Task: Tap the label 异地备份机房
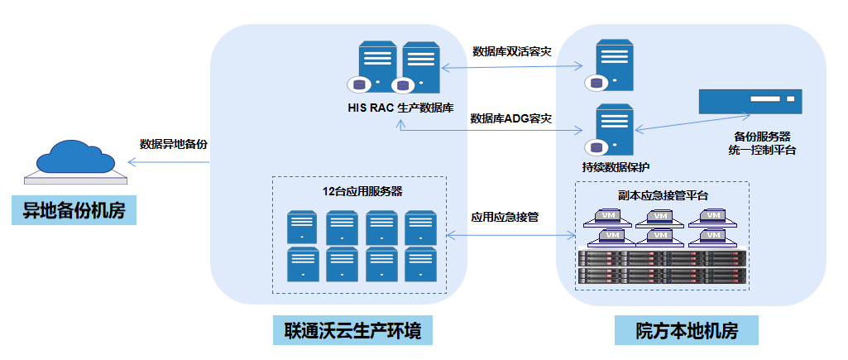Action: [74, 210]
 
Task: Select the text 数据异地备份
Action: [174, 143]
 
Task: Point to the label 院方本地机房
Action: [686, 332]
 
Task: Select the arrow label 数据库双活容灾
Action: [511, 51]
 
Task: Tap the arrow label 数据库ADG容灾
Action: [511, 118]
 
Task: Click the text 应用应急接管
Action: [505, 218]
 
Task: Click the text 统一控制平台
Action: [761, 150]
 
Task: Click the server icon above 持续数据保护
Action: [609, 130]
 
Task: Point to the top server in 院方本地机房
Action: [609, 65]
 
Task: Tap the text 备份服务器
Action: [762, 135]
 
